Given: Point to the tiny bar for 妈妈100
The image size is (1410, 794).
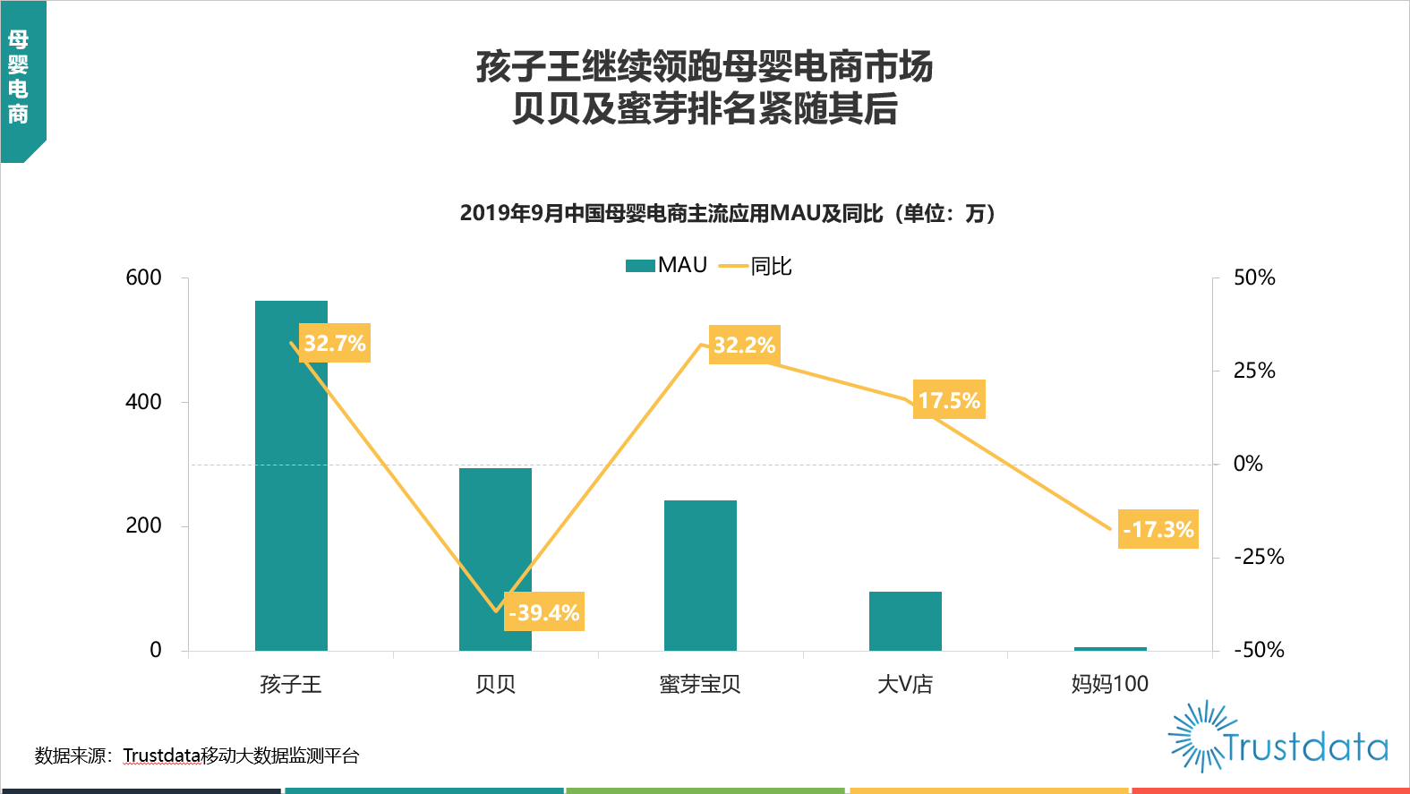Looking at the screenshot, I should pyautogui.click(x=1110, y=648).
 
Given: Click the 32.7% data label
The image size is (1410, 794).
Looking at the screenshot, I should pyautogui.click(x=335, y=343).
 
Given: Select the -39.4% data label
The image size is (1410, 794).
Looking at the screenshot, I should pyautogui.click(x=544, y=612).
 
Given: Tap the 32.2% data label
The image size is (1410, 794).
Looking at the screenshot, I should pyautogui.click(x=744, y=345).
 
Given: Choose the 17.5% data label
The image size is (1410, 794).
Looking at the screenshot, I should pyautogui.click(x=949, y=400).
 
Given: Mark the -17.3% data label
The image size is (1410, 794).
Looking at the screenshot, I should pyautogui.click(x=1158, y=529).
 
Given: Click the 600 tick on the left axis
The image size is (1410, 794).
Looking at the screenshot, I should pyautogui.click(x=144, y=277).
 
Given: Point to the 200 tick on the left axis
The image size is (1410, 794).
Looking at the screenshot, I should pyautogui.click(x=144, y=525).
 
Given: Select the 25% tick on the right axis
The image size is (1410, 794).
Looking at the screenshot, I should pyautogui.click(x=1254, y=371).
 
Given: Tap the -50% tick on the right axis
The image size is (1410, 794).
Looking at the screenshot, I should pyautogui.click(x=1259, y=650).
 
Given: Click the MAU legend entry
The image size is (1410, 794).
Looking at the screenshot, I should pyautogui.click(x=668, y=265).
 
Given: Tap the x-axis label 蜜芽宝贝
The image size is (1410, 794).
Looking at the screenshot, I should pyautogui.click(x=700, y=685).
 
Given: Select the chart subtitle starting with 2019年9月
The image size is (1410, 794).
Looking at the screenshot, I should pyautogui.click(x=729, y=213).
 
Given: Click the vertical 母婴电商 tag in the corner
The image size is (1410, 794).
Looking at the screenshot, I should pyautogui.click(x=19, y=77).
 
